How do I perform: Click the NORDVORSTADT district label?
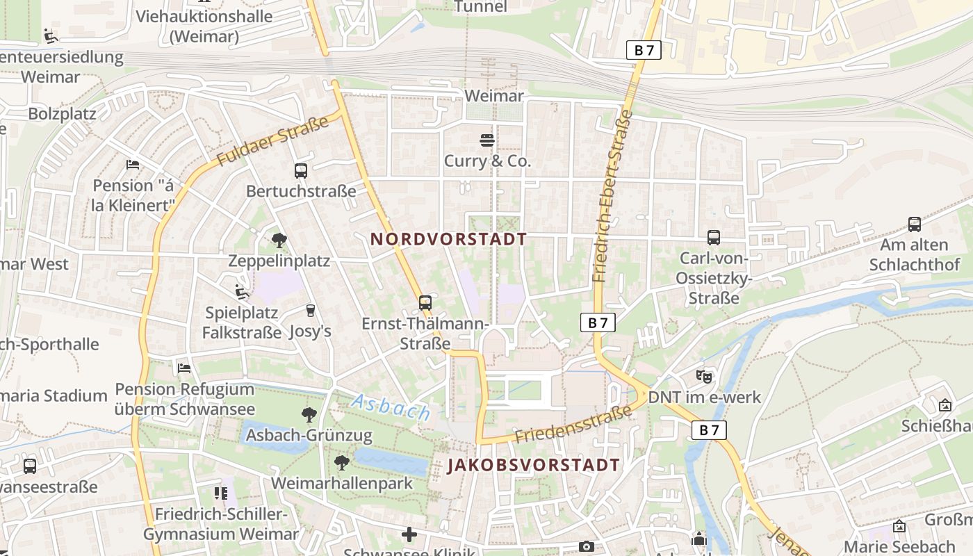click(x=448, y=239)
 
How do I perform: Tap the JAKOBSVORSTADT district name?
click(x=533, y=465)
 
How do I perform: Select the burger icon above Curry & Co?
click(x=487, y=140)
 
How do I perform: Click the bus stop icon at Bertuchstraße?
click(x=301, y=170)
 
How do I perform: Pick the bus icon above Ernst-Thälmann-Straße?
click(x=425, y=303)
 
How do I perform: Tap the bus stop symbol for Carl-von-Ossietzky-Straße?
click(x=714, y=238)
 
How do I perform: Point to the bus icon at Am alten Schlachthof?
click(x=915, y=224)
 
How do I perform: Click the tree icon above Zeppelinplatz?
click(x=279, y=240)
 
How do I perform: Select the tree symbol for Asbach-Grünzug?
click(x=309, y=415)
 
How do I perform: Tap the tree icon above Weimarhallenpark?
click(x=341, y=462)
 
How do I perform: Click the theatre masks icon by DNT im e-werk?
click(x=704, y=376)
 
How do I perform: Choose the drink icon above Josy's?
click(x=310, y=310)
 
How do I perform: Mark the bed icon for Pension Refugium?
click(x=184, y=368)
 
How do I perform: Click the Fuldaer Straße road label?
click(x=272, y=142)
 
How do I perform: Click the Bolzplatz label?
click(x=62, y=113)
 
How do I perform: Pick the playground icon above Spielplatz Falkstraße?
click(x=241, y=292)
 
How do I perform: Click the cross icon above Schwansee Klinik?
click(x=409, y=534)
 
